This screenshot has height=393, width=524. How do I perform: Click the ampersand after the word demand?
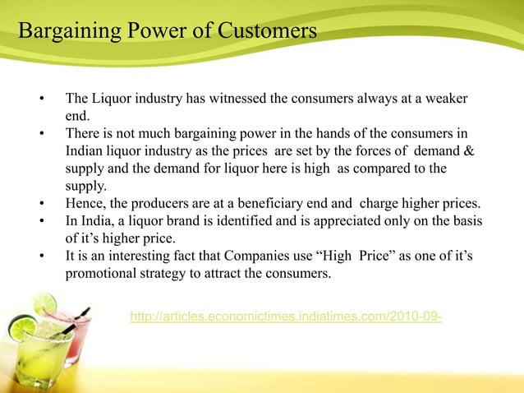[x=469, y=151]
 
